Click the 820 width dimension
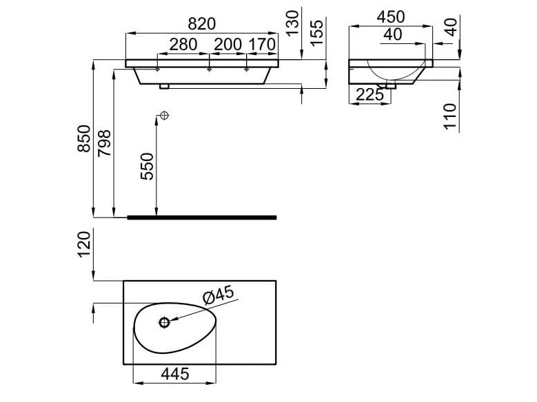pyautogui.click(x=203, y=23)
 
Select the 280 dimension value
pyautogui.click(x=183, y=45)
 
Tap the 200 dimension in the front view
pyautogui.click(x=227, y=45)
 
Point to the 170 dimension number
pyautogui.click(x=262, y=45)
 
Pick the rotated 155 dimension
pyautogui.click(x=316, y=32)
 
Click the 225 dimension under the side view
pyautogui.click(x=371, y=96)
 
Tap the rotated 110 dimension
pyautogui.click(x=451, y=118)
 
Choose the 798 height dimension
pyautogui.click(x=104, y=145)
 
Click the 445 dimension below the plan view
pyautogui.click(x=175, y=374)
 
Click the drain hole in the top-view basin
pyautogui.click(x=165, y=321)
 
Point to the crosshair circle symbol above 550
pyautogui.click(x=163, y=115)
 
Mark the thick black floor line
pyautogui.click(x=201, y=218)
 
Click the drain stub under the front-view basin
pyautogui.click(x=164, y=87)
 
